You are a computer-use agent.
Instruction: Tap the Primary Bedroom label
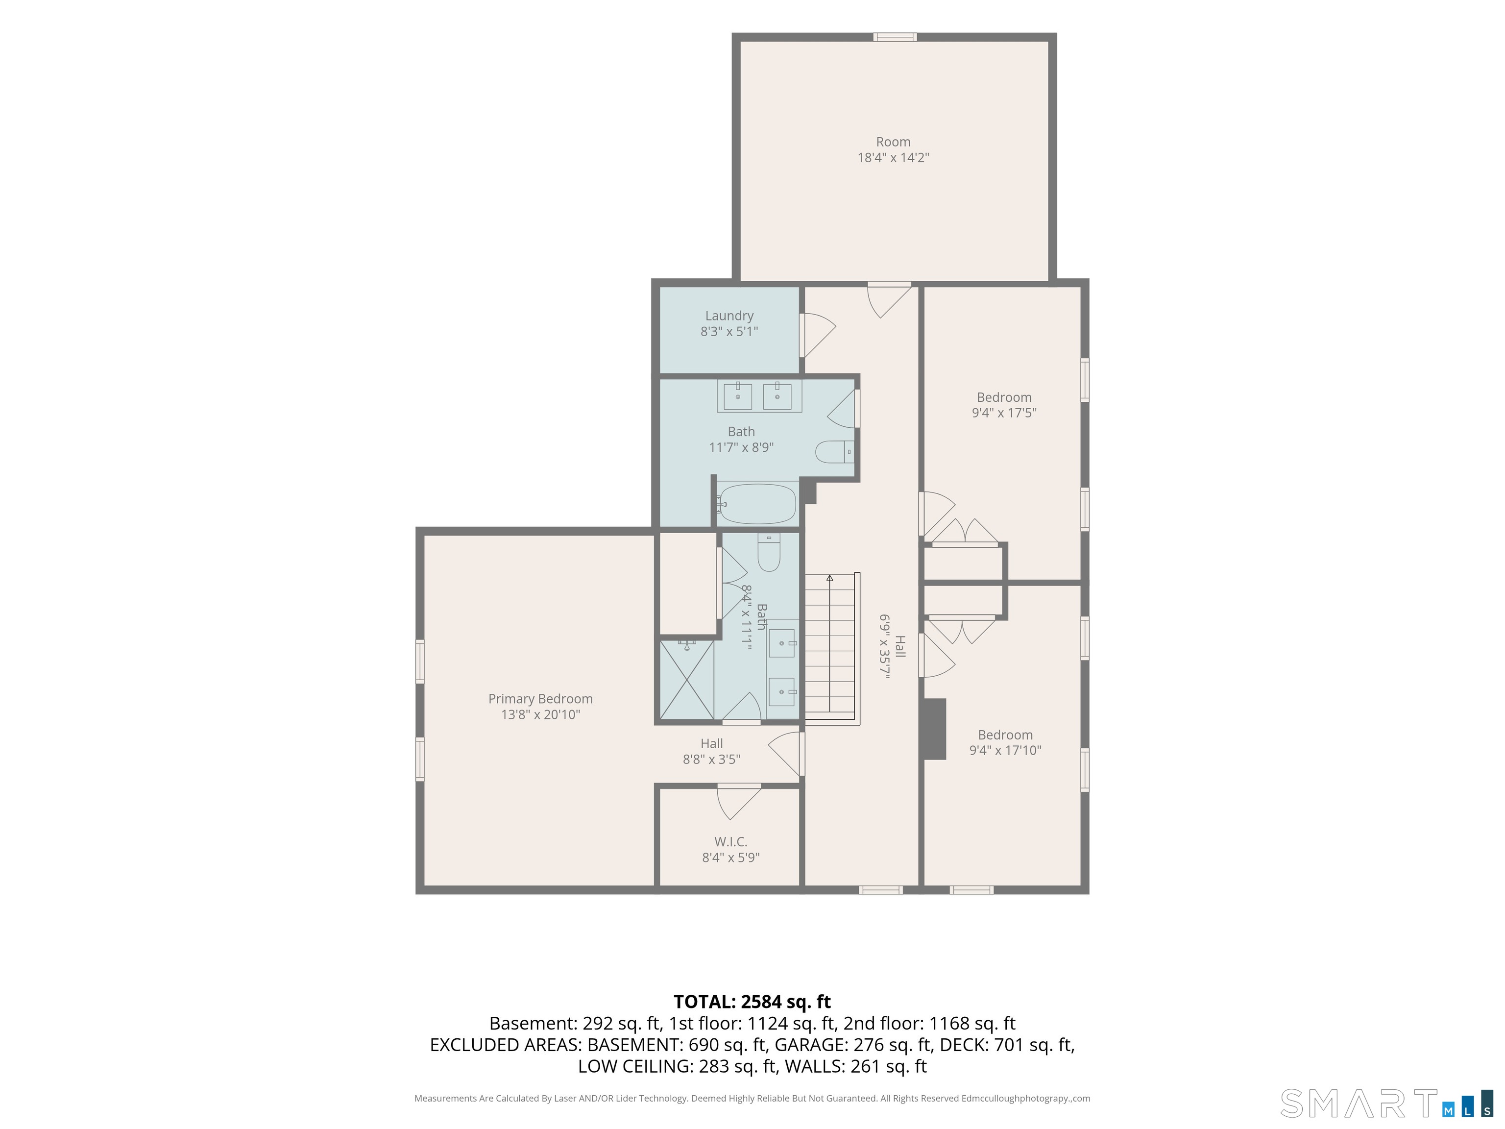point(540,699)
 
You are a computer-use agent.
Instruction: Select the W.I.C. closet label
point(731,842)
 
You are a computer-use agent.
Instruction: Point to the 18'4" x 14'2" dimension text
point(893,158)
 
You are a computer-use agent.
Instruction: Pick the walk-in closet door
point(739,802)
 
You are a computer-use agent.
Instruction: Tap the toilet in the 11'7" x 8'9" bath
point(835,451)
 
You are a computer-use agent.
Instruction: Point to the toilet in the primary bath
point(769,553)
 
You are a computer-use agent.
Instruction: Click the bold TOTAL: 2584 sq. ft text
point(752,1002)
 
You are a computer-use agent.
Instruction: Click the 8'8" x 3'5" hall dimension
point(712,760)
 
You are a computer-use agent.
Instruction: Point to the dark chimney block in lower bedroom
point(934,729)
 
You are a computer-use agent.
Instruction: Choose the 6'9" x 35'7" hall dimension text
point(884,647)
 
